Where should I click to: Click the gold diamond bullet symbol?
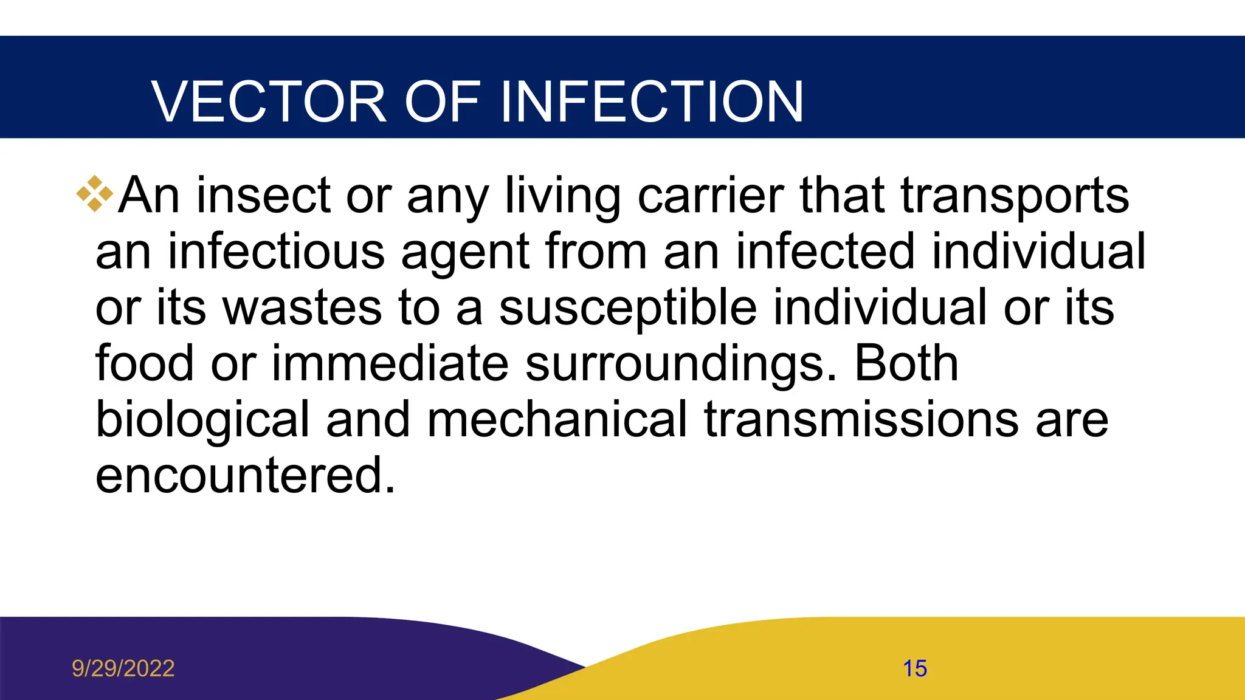(x=95, y=194)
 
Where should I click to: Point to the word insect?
(x=263, y=196)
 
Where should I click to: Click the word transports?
(x=1015, y=196)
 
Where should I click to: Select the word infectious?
(x=276, y=252)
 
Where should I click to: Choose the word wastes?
(x=303, y=307)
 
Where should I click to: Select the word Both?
(x=906, y=363)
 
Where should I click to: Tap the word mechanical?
(x=557, y=419)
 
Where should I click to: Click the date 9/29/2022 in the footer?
(x=123, y=668)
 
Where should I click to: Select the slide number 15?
(x=914, y=668)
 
